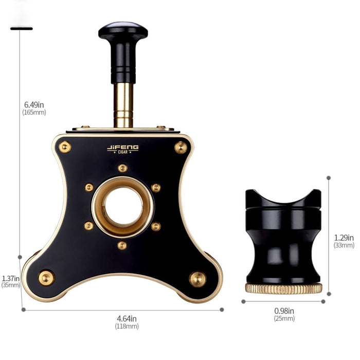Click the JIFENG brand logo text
pyautogui.click(x=122, y=148)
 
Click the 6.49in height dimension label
pyautogui.click(x=34, y=105)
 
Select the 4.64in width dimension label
pyautogui.click(x=127, y=319)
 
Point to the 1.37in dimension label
pyautogui.click(x=11, y=279)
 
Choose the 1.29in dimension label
pyautogui.click(x=344, y=238)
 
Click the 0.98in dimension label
pyautogui.click(x=284, y=311)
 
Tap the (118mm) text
pyautogui.click(x=127, y=326)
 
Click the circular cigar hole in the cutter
pyautogui.click(x=123, y=206)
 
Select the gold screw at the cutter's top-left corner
pyautogui.click(x=65, y=147)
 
